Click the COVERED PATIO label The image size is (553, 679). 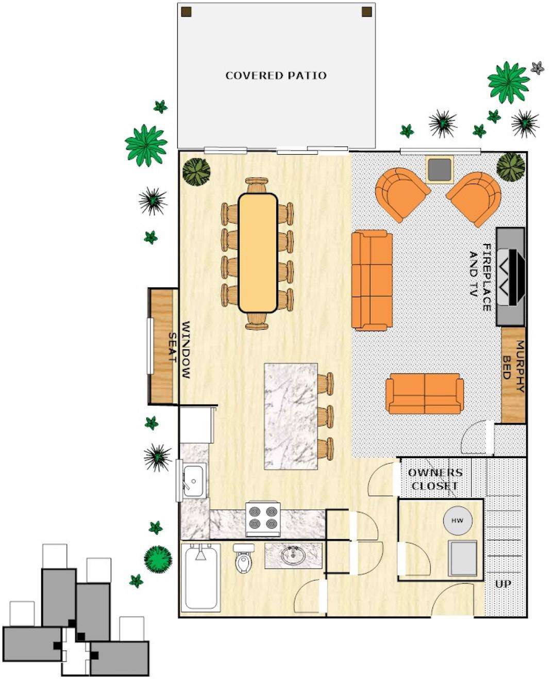click(x=276, y=76)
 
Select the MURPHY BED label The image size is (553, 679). click(x=513, y=367)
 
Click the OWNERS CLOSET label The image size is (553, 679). click(x=435, y=479)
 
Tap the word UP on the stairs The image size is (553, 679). click(x=503, y=584)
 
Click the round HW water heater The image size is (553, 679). click(x=458, y=521)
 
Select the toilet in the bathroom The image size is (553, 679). click(x=244, y=559)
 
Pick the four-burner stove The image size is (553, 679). click(x=263, y=520)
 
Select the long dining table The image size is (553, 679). click(x=258, y=253)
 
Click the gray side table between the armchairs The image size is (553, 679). click(x=440, y=170)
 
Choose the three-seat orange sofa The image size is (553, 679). click(x=372, y=280)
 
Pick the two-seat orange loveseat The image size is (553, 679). click(x=425, y=394)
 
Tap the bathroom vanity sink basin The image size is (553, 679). click(x=292, y=555)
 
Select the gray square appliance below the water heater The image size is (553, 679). click(x=463, y=558)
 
